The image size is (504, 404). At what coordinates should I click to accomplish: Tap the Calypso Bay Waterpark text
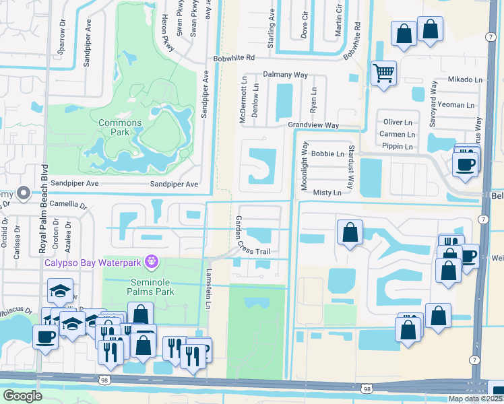[x=94, y=260]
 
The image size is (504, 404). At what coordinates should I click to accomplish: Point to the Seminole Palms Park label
[x=142, y=286]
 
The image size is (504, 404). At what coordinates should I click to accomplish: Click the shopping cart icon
[x=383, y=73]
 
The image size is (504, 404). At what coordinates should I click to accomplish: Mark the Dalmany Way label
[x=285, y=75]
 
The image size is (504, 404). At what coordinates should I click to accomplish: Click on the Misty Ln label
[x=327, y=193]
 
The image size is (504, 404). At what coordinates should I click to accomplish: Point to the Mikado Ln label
[x=465, y=79]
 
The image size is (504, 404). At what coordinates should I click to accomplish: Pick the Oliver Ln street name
[x=398, y=123]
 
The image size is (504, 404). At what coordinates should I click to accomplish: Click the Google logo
[x=22, y=396]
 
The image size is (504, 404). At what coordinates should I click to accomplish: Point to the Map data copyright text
[x=474, y=399]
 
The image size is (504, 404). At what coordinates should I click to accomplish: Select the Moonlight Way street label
[x=305, y=164]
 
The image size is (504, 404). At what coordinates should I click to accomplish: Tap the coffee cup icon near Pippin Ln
[x=466, y=164]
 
